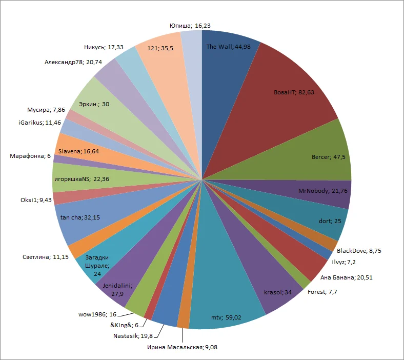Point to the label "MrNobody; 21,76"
pos(320,191)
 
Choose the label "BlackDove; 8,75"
pos(359,250)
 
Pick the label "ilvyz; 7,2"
pos(344,262)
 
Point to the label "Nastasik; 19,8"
pos(133,336)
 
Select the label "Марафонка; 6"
pos(30,156)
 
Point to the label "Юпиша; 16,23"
pos(180,25)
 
